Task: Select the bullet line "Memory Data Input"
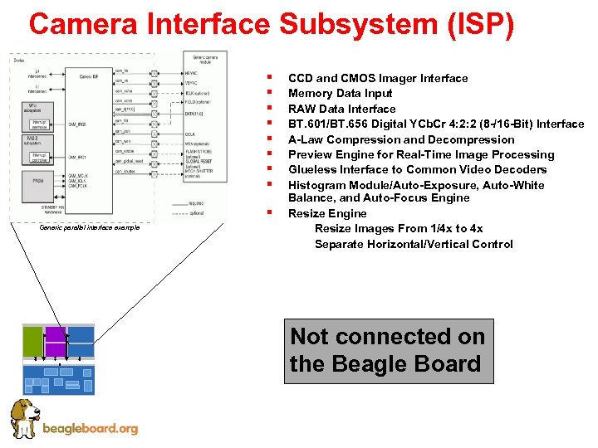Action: [340, 94]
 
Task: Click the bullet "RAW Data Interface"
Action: [341, 109]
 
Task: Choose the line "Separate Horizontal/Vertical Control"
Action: [414, 244]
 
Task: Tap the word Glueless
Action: [312, 169]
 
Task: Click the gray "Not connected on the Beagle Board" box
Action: [388, 351]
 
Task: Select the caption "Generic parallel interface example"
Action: [89, 228]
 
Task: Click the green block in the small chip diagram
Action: [32, 341]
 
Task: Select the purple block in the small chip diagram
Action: [55, 341]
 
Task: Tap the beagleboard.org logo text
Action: [90, 429]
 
